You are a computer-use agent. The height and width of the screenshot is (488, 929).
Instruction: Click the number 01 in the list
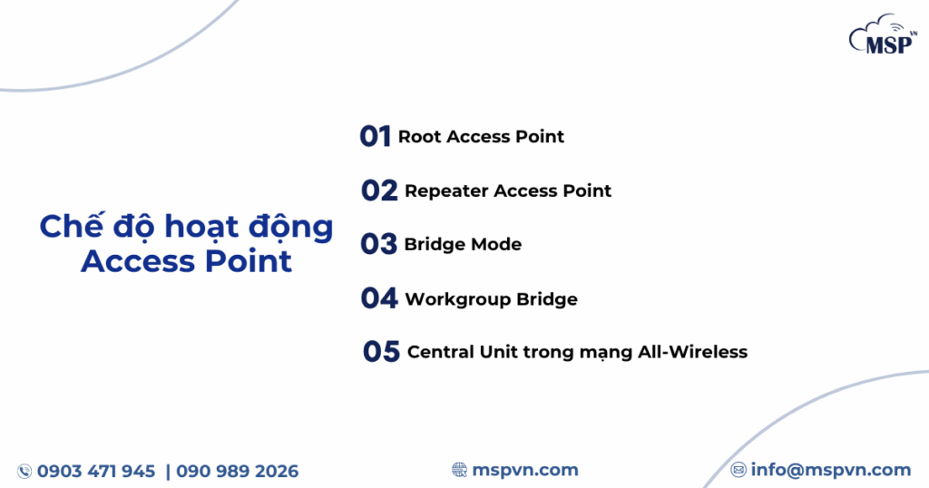(375, 136)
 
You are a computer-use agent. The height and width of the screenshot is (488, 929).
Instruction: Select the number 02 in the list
(379, 190)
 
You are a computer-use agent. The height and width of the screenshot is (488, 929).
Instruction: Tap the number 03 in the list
(378, 244)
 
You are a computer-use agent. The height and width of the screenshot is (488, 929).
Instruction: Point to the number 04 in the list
(379, 298)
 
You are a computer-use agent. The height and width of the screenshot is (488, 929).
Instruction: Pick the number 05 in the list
(381, 352)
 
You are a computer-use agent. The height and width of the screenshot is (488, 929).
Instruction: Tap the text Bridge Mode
(463, 244)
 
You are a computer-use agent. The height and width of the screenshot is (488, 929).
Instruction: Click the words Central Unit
(463, 352)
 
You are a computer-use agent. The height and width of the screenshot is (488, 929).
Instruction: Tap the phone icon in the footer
(24, 471)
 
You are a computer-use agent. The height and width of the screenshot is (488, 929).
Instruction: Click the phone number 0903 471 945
(96, 471)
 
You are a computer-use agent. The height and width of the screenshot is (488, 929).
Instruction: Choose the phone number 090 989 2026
(237, 471)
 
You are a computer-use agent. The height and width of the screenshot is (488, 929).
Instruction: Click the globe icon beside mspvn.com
(459, 470)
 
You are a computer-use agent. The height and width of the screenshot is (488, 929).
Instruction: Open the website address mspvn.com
(525, 470)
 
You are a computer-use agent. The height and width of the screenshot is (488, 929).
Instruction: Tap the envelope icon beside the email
(738, 470)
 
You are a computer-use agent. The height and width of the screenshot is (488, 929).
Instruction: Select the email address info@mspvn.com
(830, 470)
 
